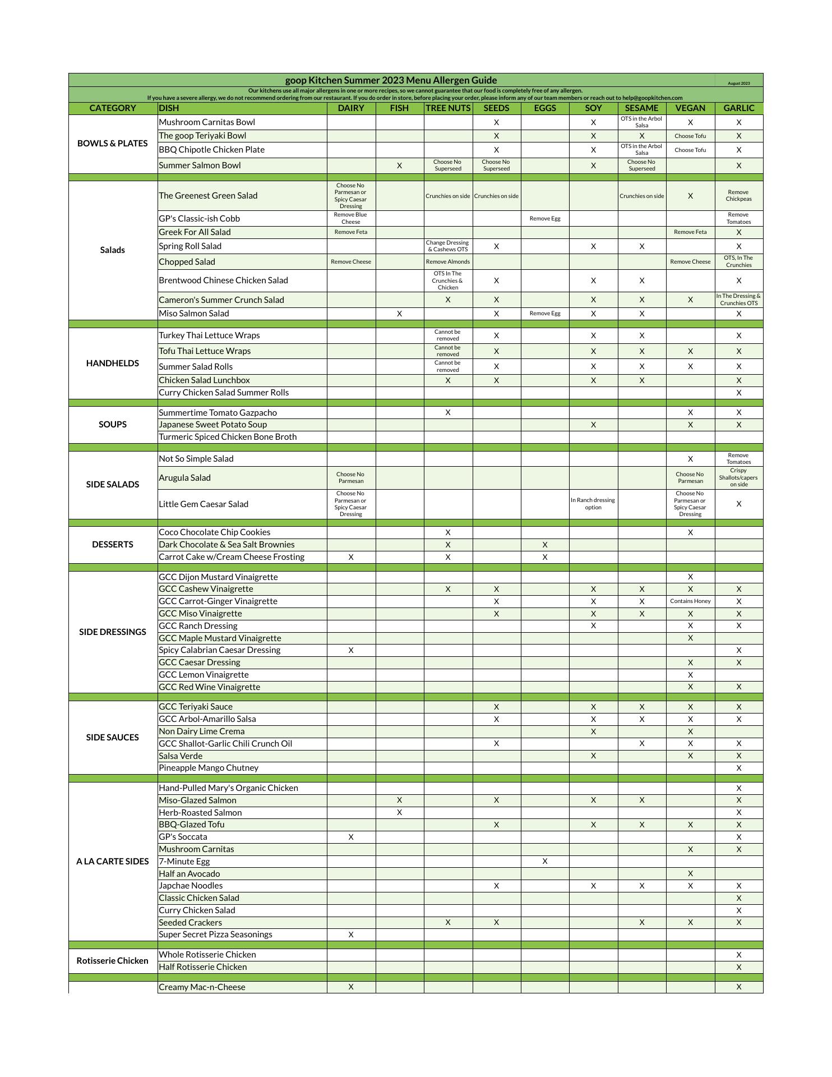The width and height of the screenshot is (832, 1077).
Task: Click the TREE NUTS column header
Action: click(447, 108)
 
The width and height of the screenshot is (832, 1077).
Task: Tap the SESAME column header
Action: click(641, 108)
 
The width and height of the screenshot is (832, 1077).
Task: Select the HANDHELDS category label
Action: click(112, 363)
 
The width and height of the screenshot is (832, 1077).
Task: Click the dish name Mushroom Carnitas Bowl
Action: click(207, 122)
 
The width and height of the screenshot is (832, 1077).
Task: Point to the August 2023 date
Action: click(738, 84)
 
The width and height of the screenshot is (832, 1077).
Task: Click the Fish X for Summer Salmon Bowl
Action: click(399, 165)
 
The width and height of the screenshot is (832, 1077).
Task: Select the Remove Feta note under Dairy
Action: click(350, 232)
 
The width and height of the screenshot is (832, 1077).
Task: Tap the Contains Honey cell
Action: click(690, 601)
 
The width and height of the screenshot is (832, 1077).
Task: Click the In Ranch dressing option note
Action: click(593, 504)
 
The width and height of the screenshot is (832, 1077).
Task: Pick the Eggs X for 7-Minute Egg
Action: click(544, 861)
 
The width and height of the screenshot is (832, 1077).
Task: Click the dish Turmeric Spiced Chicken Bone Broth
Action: click(228, 437)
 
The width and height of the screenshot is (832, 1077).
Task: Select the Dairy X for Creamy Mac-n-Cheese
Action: click(351, 987)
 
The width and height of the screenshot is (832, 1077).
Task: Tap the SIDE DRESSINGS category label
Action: click(112, 632)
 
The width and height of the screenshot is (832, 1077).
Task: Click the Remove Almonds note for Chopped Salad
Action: click(447, 262)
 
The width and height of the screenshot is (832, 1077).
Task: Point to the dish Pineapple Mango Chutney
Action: click(209, 768)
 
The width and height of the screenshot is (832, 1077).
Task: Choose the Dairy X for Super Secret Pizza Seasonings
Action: click(351, 935)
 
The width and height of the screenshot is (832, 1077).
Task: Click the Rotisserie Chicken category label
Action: click(112, 961)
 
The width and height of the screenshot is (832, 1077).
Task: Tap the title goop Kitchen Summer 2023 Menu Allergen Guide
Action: click(391, 80)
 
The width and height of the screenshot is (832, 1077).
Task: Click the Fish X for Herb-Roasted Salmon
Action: click(399, 812)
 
